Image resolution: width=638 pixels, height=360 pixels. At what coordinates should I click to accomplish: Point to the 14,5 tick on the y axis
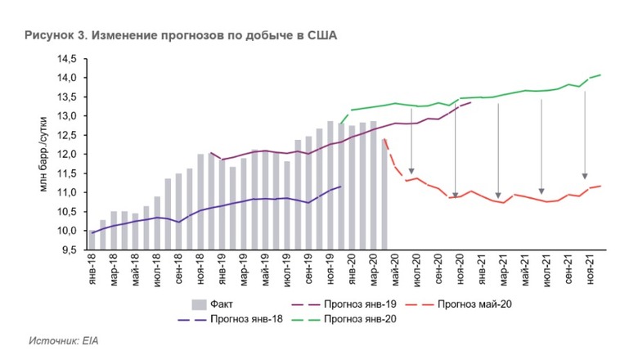[65, 60]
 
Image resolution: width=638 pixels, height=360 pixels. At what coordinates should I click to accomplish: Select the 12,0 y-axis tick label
[65, 155]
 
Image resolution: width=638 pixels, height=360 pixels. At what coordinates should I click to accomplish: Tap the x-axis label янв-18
[92, 268]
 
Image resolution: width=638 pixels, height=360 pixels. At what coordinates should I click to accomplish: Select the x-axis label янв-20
[351, 268]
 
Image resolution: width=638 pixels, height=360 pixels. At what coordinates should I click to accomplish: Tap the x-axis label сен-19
[308, 268]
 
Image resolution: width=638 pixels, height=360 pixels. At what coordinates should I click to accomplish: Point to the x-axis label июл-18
[157, 268]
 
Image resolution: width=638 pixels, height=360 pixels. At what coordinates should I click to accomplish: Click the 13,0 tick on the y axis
[65, 116]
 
